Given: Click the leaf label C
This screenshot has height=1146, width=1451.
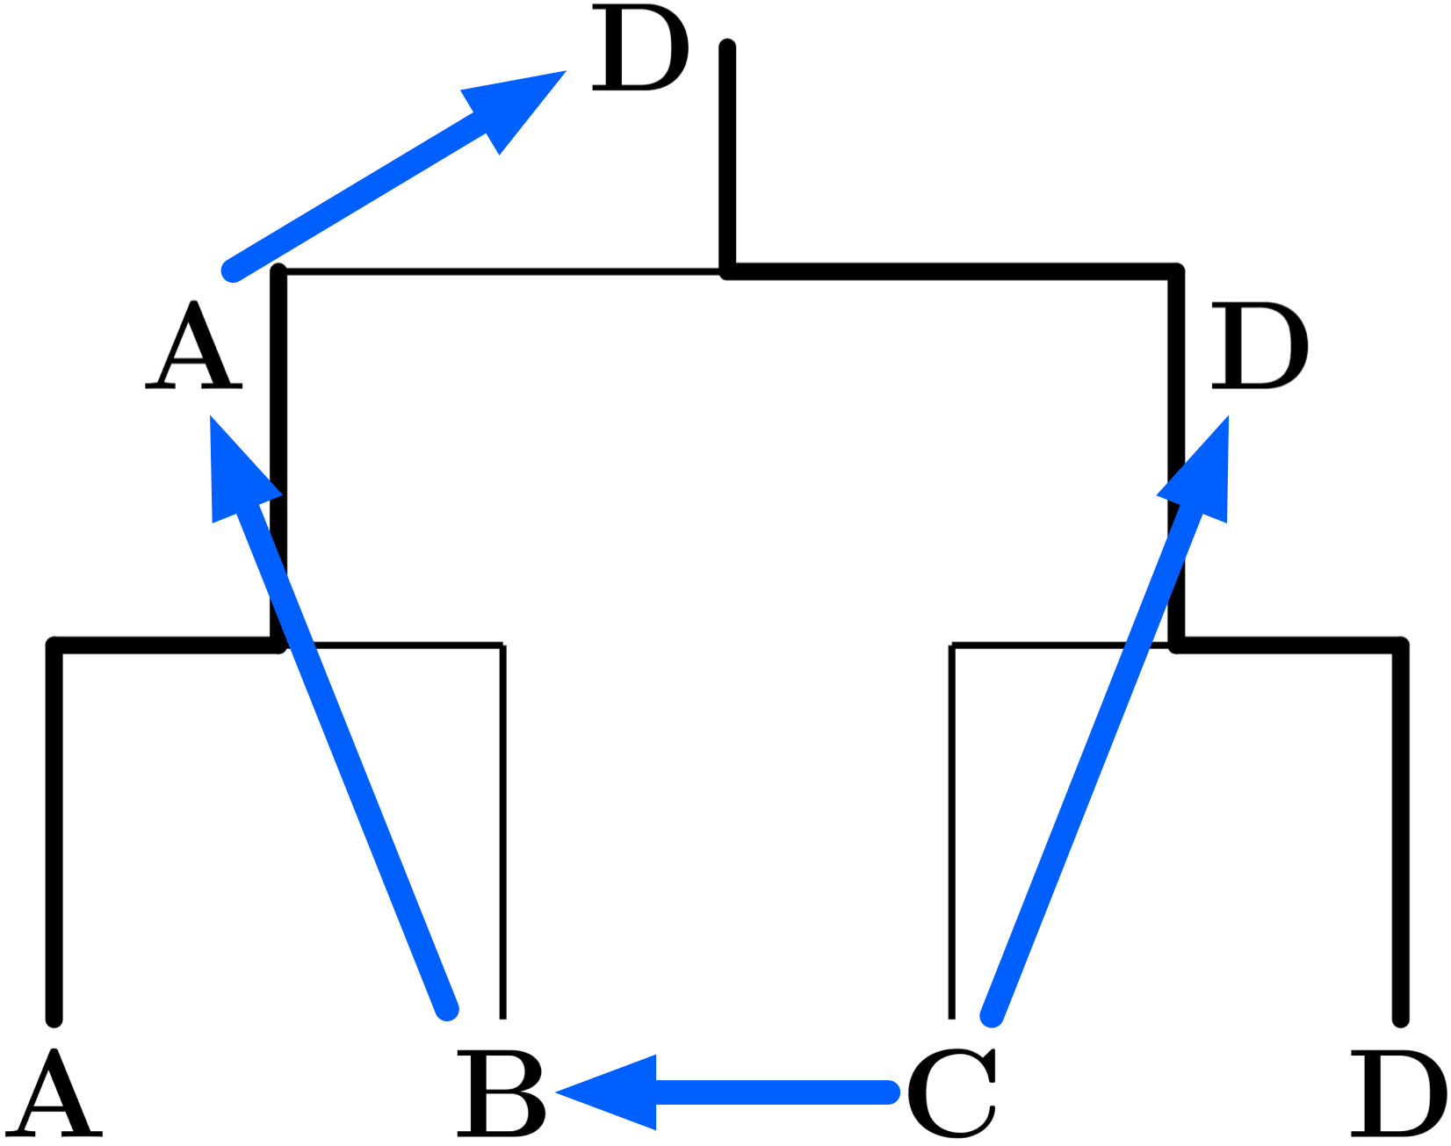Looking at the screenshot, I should click(952, 1092).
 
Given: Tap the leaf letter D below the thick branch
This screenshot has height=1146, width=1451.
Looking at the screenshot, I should click(1398, 1092).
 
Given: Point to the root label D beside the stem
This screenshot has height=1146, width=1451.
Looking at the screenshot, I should click(639, 47).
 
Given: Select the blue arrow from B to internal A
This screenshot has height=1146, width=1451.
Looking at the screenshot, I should click(351, 764).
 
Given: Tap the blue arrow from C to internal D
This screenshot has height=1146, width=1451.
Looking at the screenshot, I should click(1089, 764).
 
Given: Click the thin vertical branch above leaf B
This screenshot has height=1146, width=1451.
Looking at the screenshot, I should click(502, 834).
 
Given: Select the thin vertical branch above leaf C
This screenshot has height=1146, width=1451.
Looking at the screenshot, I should click(952, 834).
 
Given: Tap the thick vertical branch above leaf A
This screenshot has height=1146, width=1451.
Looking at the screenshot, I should click(54, 834).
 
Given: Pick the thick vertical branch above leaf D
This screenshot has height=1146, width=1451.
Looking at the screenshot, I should click(1401, 834).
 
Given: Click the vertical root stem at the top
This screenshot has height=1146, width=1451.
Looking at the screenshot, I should click(727, 158).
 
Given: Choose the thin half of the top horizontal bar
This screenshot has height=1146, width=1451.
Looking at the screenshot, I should click(501, 272).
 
